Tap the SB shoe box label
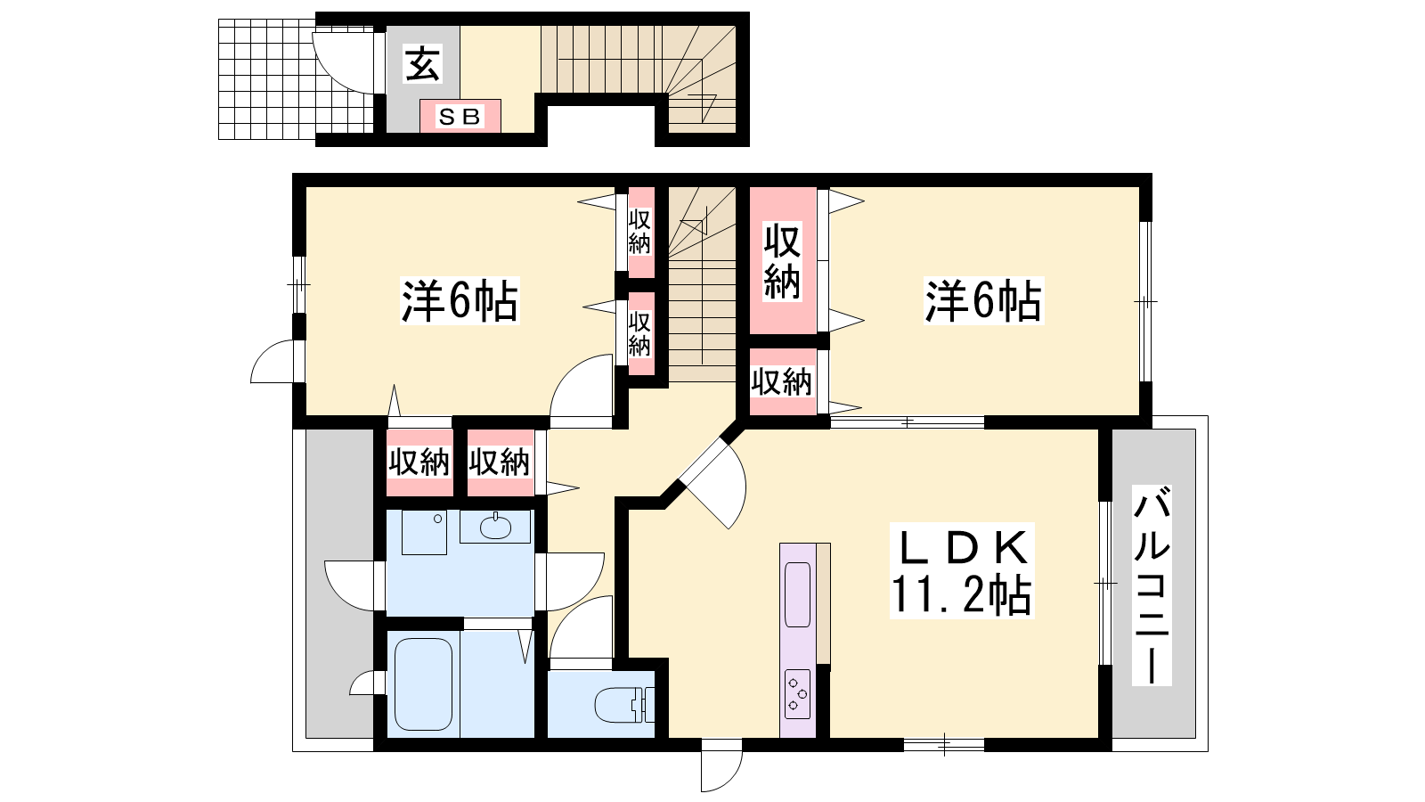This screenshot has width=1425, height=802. (x=460, y=117)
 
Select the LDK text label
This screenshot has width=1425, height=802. (x=961, y=548)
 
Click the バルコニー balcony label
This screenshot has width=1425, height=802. (x=1152, y=585)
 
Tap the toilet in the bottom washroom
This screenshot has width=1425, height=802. (x=624, y=705)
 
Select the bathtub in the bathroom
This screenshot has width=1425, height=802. (x=424, y=684)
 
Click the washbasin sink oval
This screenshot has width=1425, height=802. (x=495, y=527)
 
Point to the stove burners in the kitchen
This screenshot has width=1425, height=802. (x=798, y=693)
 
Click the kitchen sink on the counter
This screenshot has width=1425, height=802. (x=798, y=594)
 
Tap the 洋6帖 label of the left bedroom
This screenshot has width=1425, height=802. (x=460, y=300)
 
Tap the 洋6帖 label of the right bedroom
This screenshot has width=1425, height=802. (x=983, y=300)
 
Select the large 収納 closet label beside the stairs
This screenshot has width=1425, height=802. (x=782, y=261)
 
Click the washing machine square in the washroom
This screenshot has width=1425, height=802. (x=424, y=531)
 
